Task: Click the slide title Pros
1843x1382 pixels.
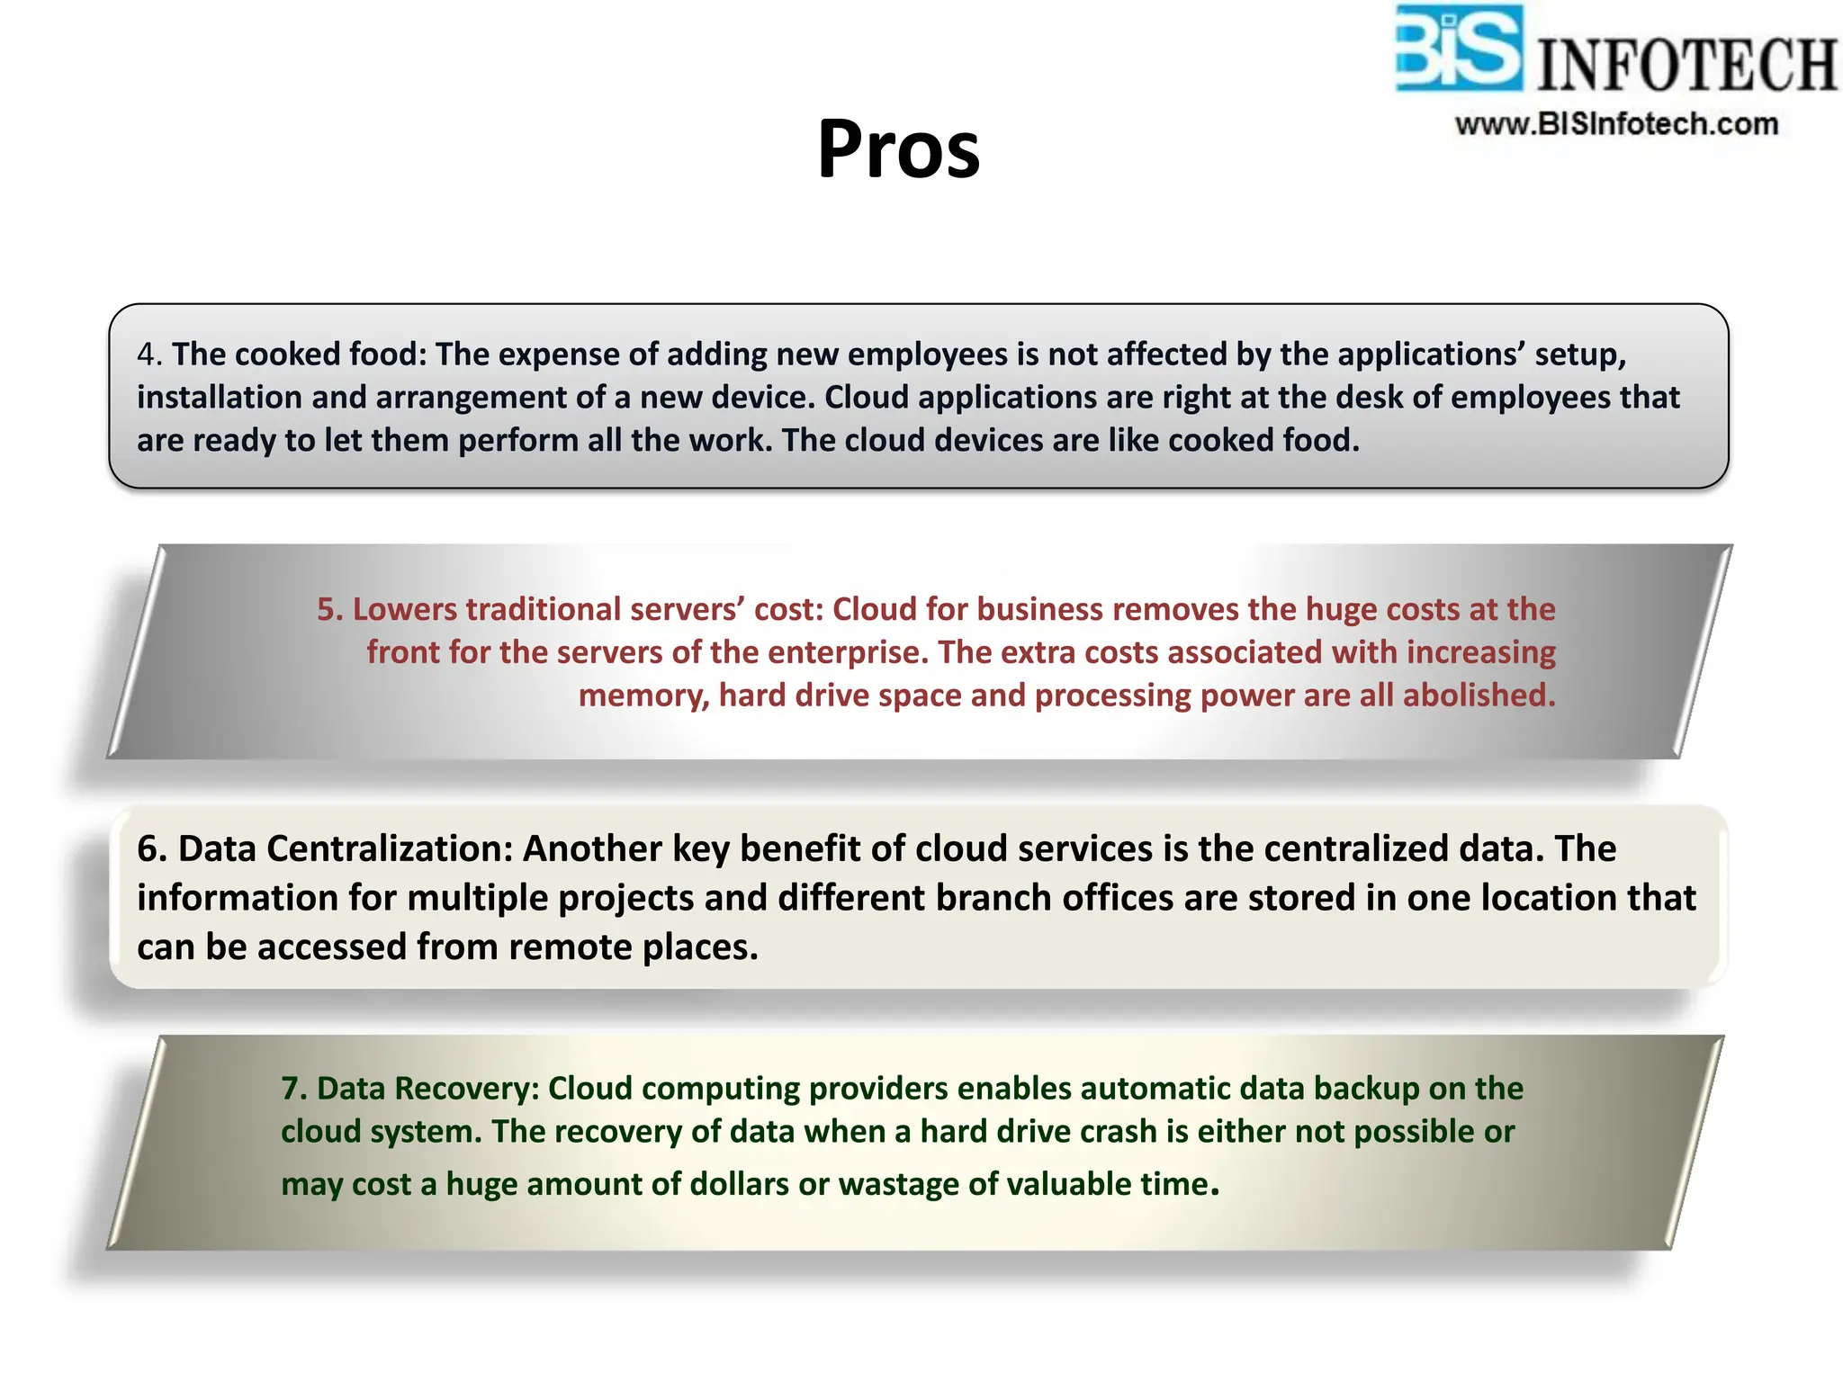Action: tap(898, 149)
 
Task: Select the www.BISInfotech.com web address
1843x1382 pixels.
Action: tap(1616, 124)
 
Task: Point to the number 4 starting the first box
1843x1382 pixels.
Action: tap(148, 354)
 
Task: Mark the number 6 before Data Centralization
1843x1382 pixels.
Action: tap(151, 849)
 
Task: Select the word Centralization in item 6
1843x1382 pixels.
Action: tap(390, 849)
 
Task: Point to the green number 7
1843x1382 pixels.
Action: tap(293, 1089)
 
